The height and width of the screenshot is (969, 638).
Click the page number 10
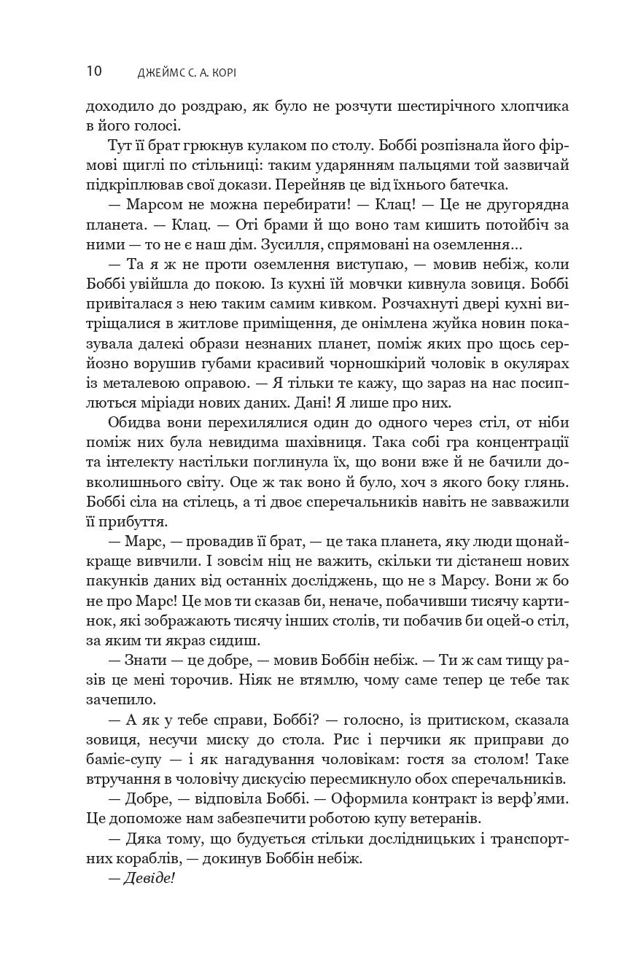94,71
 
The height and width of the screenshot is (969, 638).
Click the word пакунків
120,581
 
